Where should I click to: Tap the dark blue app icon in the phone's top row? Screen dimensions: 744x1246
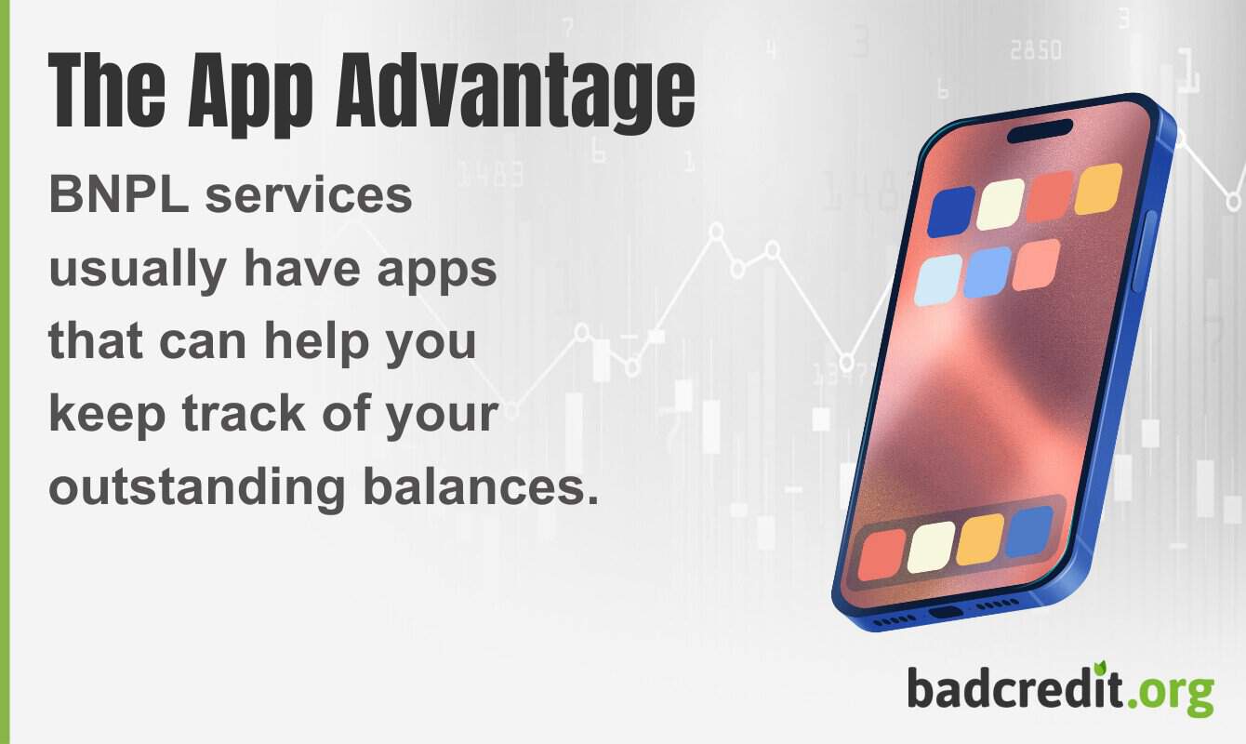951,211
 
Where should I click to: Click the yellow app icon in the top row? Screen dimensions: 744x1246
1098,189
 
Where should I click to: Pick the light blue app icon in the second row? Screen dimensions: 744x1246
938,280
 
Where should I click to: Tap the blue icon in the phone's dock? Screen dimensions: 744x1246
1029,532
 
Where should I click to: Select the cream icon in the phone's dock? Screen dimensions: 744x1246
931,547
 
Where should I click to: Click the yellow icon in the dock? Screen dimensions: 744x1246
980,539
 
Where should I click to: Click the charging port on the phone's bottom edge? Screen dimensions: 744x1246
946,612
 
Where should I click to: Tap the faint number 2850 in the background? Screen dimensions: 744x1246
1035,50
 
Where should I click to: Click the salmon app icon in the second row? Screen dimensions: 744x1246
1036,265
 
